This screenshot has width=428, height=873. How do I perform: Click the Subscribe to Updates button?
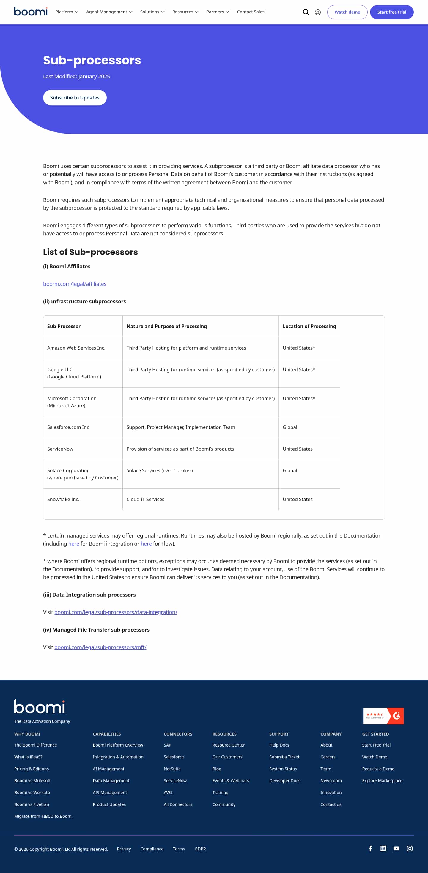75,98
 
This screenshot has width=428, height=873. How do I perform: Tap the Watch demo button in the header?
347,12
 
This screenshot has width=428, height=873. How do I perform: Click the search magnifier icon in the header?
306,12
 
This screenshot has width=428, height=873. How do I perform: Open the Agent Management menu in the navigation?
109,12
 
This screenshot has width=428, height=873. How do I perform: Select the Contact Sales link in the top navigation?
251,12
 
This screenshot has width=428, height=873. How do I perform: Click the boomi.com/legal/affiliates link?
75,284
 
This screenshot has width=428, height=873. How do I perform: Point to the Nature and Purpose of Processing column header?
166,326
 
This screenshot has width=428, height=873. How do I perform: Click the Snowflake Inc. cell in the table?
63,499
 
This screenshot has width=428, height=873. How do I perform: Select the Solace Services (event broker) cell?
160,470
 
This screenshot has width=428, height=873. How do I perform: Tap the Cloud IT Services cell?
145,499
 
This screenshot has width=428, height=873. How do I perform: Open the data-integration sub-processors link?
116,612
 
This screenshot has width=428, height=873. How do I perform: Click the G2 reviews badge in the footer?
383,716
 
